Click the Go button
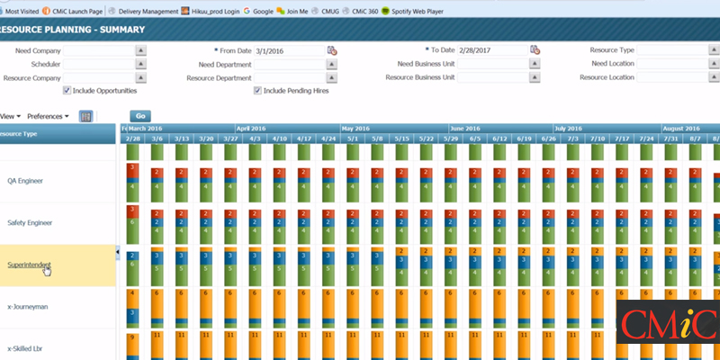coord(139,116)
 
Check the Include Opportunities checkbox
coord(67,91)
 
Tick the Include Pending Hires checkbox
coord(257,91)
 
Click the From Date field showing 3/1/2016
coord(289,50)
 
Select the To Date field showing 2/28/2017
coord(491,50)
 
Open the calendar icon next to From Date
coord(331,50)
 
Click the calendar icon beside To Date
coord(535,50)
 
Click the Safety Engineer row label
coord(30,222)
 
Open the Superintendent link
coord(29,265)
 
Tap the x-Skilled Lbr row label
coord(26,348)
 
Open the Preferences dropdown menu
coord(48,116)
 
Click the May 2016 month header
coord(357,129)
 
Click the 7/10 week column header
coord(597,139)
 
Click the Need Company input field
coord(97,50)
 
